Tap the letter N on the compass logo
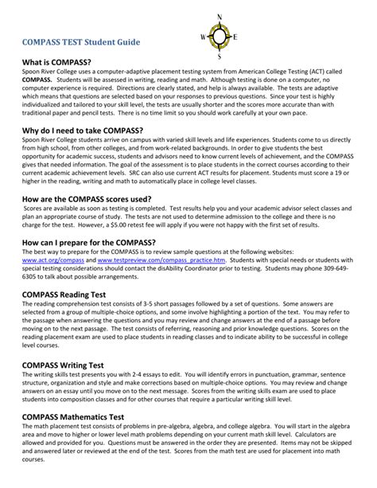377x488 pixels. tap(220, 16)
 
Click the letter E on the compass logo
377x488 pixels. tap(235, 37)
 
